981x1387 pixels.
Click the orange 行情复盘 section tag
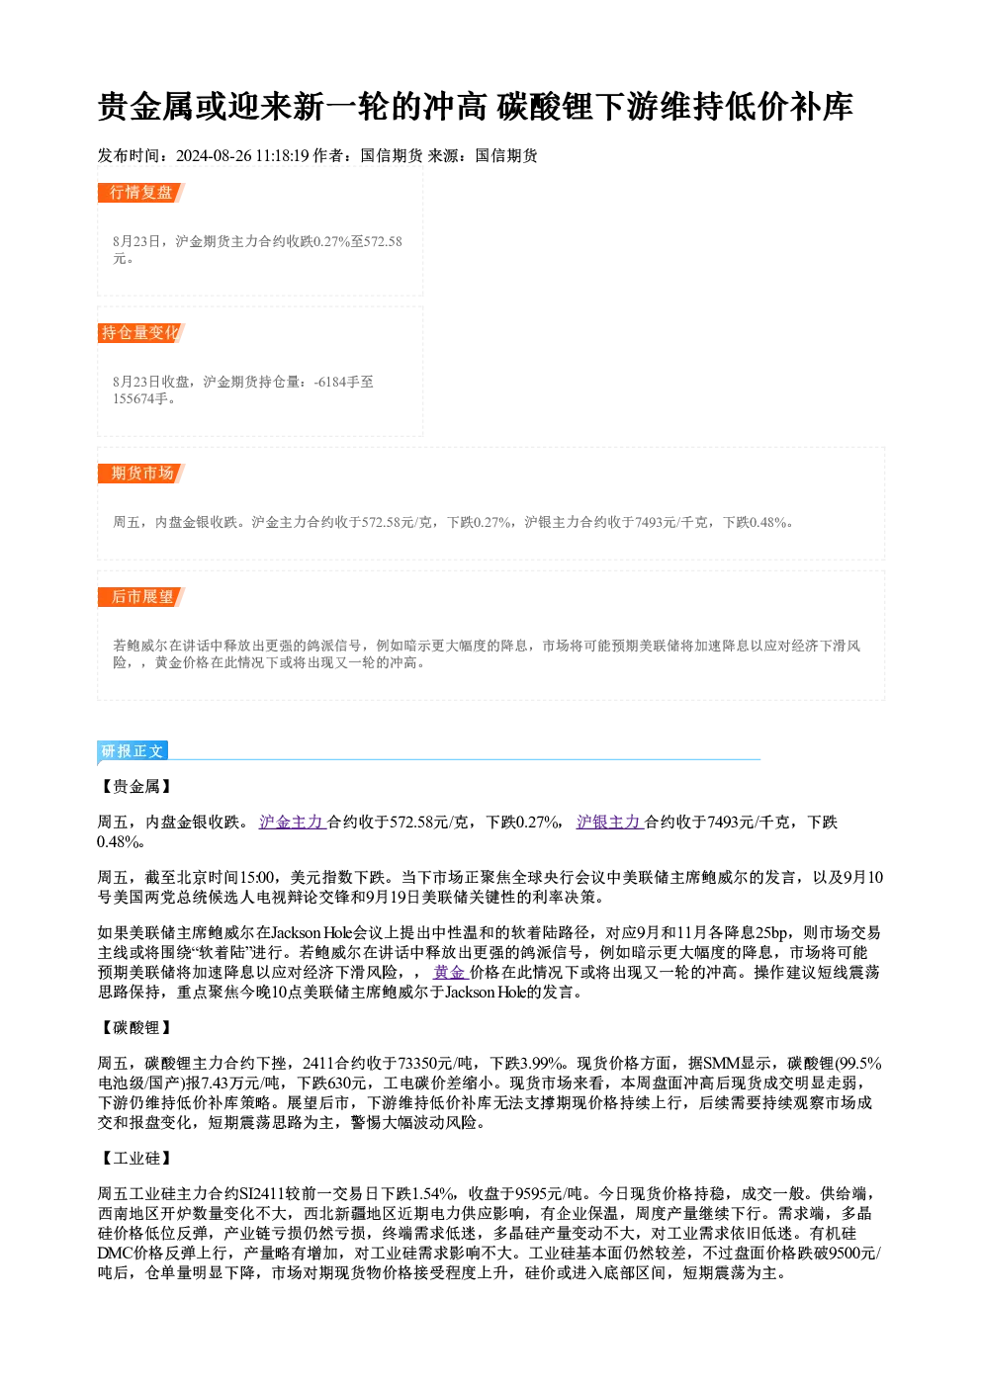[x=141, y=193]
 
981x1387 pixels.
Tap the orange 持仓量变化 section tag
[x=141, y=333]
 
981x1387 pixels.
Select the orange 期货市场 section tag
[x=141, y=474]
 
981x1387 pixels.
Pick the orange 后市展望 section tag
[x=141, y=597]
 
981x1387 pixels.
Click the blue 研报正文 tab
[x=133, y=751]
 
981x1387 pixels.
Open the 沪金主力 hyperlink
[x=293, y=823]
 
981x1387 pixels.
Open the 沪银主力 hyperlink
[x=610, y=823]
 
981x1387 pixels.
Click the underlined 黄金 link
[x=450, y=972]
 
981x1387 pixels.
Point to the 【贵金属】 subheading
[x=136, y=787]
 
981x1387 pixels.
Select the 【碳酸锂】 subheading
[x=136, y=1028]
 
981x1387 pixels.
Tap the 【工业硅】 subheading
[x=136, y=1159]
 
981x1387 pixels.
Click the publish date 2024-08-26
[x=214, y=156]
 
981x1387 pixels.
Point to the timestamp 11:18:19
[x=283, y=156]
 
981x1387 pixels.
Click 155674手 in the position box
[x=140, y=398]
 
